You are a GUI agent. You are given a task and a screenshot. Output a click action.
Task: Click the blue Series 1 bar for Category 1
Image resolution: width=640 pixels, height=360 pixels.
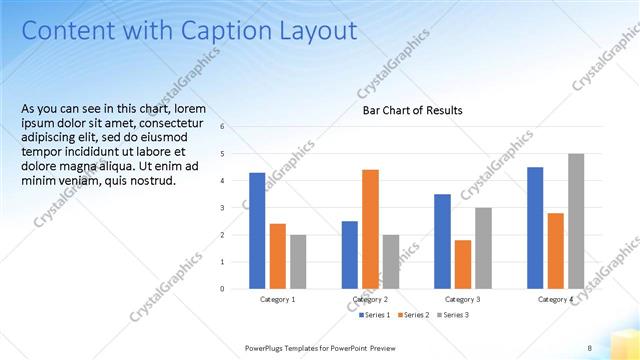257,231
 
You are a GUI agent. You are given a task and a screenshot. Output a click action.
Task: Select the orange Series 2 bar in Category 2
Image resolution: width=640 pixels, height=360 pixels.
370,229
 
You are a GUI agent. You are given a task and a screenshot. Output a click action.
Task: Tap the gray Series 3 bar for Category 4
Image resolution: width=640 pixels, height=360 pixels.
576,221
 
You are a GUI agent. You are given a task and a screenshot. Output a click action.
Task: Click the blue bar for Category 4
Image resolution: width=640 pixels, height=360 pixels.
535,228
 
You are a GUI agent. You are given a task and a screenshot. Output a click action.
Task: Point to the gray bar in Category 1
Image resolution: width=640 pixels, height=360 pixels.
298,262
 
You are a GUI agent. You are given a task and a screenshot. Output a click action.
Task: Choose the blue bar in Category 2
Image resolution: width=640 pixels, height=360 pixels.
350,255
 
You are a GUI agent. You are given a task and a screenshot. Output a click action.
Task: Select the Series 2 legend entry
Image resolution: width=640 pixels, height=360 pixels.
416,315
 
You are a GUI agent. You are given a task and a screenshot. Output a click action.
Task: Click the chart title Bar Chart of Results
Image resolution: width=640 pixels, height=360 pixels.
412,110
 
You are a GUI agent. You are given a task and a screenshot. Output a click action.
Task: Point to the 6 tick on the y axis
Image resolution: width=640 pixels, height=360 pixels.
236,127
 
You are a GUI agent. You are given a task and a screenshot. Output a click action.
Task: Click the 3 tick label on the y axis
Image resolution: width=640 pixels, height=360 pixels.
236,208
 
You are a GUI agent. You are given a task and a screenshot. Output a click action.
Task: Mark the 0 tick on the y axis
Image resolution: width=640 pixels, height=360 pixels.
236,289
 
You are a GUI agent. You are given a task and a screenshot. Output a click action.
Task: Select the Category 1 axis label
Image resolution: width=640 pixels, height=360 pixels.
277,299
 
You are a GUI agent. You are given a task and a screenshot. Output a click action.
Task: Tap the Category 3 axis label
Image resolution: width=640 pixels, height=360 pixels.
463,299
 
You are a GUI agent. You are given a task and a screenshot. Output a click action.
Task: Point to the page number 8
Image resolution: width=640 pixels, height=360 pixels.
589,347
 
